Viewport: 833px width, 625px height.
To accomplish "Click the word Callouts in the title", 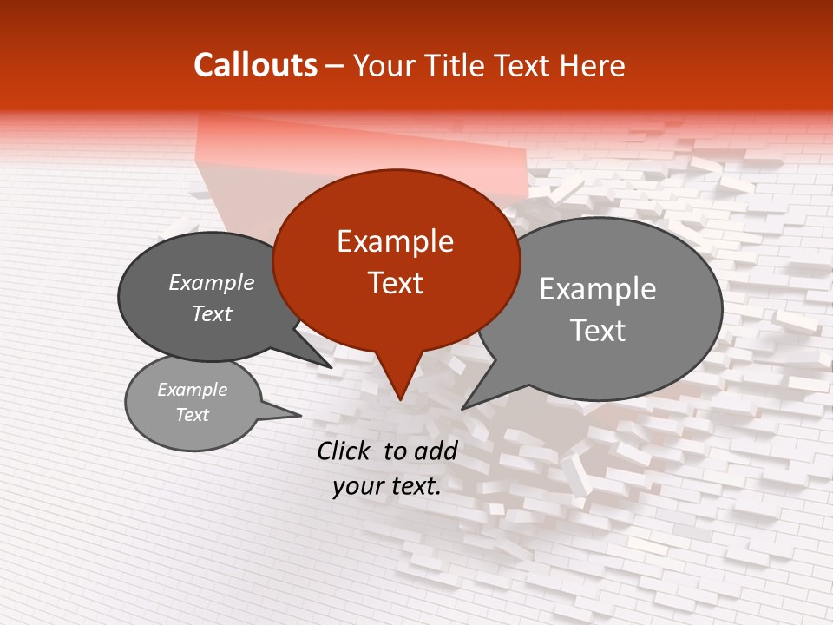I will [x=255, y=65].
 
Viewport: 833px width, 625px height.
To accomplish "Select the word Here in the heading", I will [x=593, y=66].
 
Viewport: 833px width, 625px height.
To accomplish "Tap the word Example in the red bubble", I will [x=395, y=241].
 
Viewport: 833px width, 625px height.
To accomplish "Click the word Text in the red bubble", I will [x=395, y=283].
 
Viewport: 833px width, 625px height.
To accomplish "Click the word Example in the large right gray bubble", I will [x=598, y=289].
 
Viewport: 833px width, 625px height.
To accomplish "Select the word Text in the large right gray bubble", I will [x=598, y=331].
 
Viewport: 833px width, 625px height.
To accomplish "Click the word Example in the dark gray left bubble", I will [x=212, y=283].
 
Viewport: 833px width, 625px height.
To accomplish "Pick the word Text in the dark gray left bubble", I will [x=212, y=314].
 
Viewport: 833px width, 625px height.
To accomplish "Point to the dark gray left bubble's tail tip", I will [x=331, y=366].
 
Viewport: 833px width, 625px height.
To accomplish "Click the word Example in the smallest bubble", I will [x=192, y=390].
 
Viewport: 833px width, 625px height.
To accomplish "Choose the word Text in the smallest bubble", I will [x=192, y=415].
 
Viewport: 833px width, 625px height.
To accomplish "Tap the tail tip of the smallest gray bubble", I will [x=300, y=414].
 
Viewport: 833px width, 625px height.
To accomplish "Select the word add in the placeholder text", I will [x=436, y=450].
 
